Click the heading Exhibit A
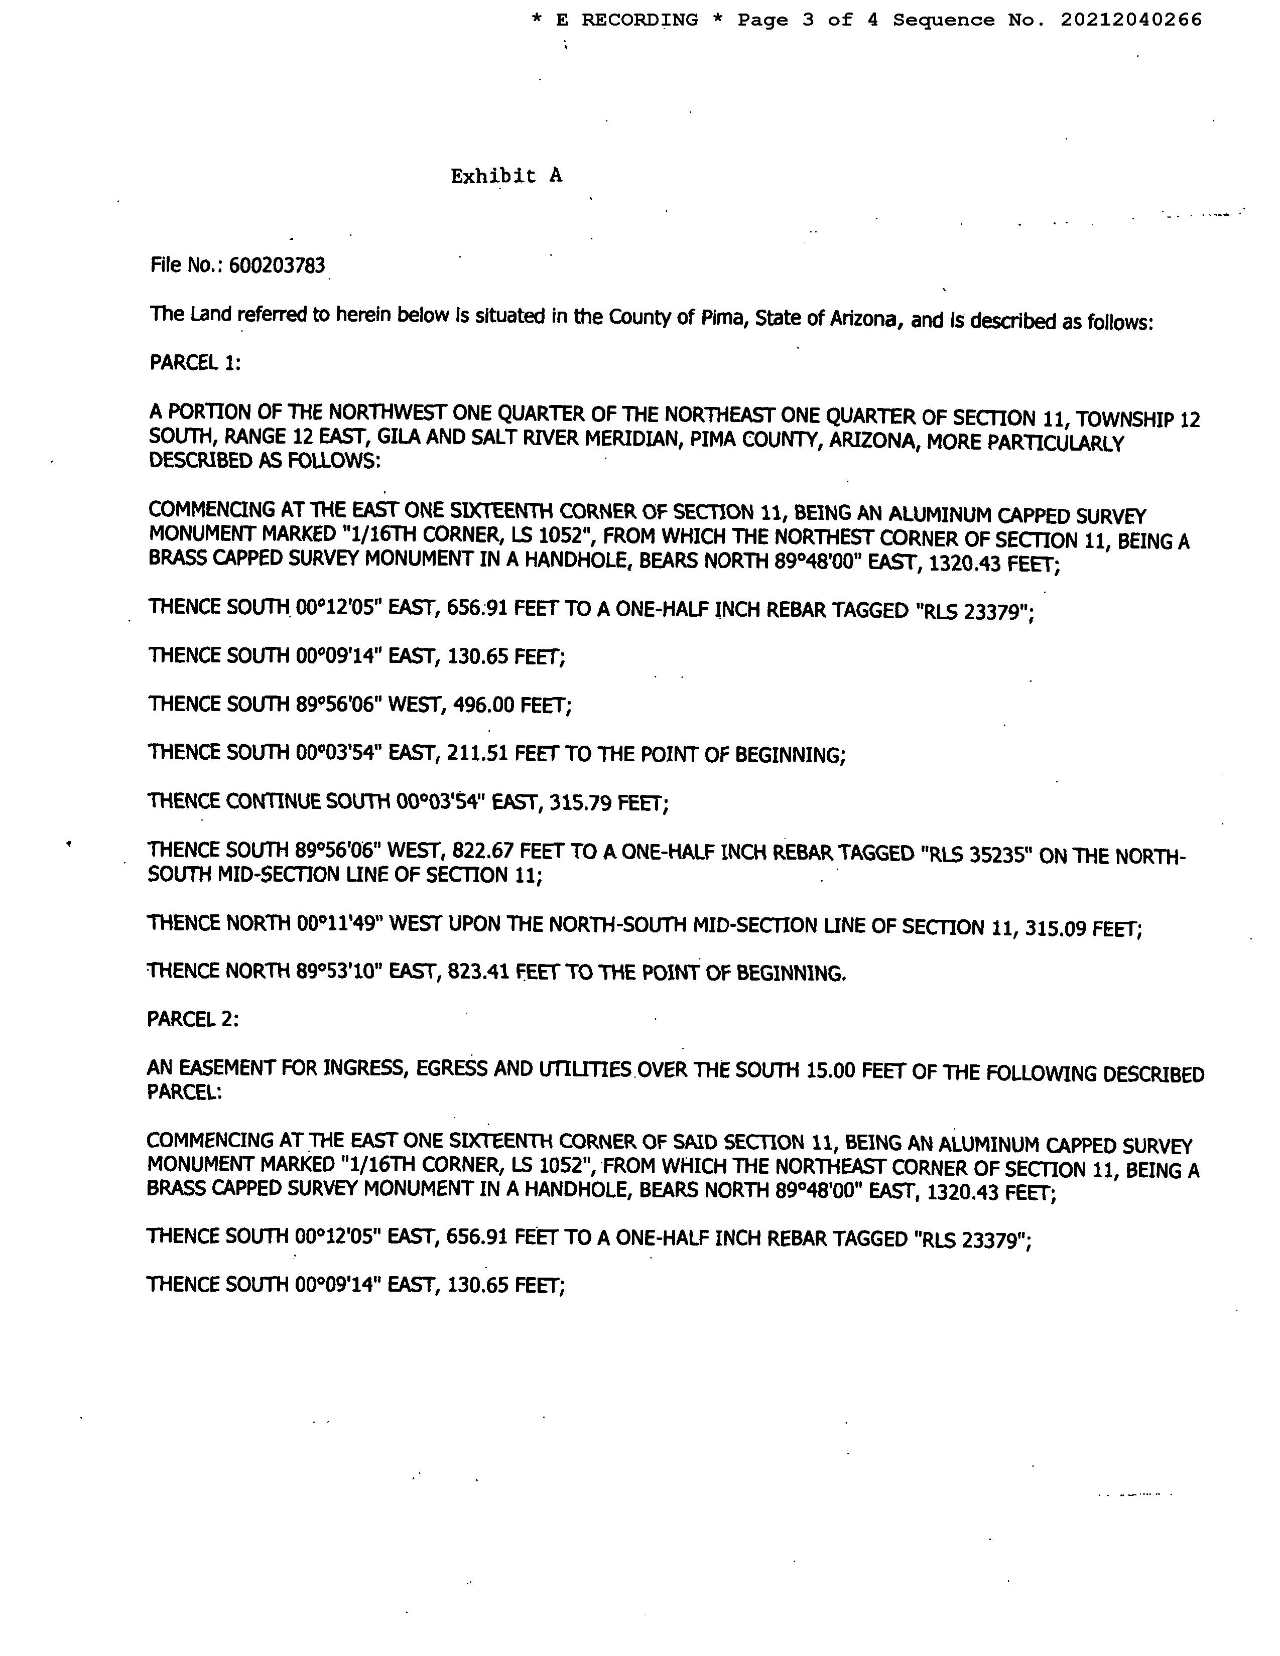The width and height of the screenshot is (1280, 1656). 506,176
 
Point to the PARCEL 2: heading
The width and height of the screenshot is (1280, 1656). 193,1020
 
